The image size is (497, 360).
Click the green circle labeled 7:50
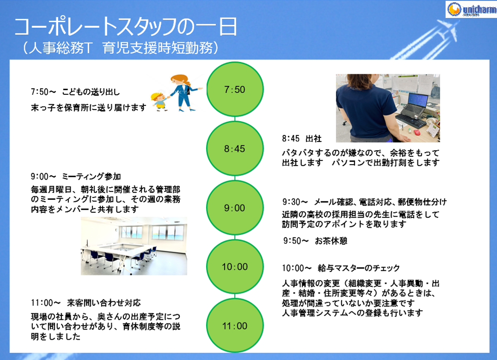point(235,89)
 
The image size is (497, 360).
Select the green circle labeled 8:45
point(235,149)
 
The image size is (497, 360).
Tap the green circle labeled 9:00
point(235,208)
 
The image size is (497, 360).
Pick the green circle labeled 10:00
point(235,267)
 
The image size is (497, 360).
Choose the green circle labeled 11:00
point(235,326)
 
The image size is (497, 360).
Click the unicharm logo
point(471,9)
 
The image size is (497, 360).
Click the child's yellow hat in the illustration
point(156,96)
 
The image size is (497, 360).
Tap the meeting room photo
point(134,246)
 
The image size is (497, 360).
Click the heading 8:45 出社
point(302,139)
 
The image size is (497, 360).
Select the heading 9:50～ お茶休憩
point(315,241)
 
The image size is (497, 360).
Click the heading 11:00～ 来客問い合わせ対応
point(86,303)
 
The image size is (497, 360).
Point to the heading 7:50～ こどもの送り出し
point(75,92)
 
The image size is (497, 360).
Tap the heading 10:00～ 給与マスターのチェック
point(341,268)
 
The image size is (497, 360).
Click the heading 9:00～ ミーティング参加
point(76,176)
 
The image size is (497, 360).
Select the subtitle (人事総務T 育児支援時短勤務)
point(121,48)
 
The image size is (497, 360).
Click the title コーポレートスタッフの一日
point(125,27)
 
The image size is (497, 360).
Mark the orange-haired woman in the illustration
point(183,93)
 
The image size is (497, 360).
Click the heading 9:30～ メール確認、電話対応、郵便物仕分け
point(364,202)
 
